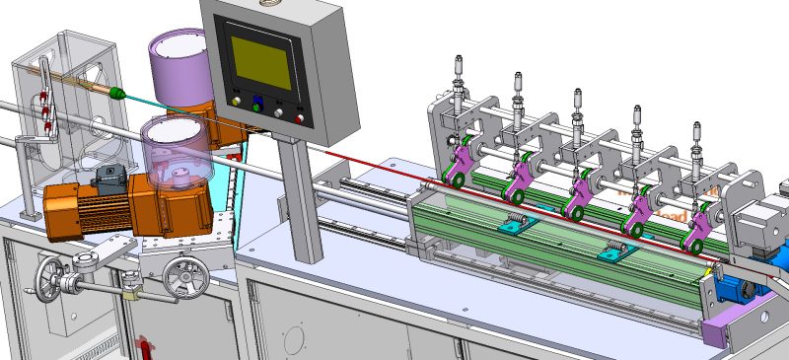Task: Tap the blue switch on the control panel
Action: pyautogui.click(x=257, y=103)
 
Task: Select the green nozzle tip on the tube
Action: pyautogui.click(x=117, y=95)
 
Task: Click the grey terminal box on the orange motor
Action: pyautogui.click(x=108, y=179)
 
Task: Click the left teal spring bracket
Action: pyautogui.click(x=512, y=224)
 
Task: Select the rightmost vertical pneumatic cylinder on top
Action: pyautogui.click(x=697, y=138)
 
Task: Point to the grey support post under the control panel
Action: pyautogui.click(x=302, y=197)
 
